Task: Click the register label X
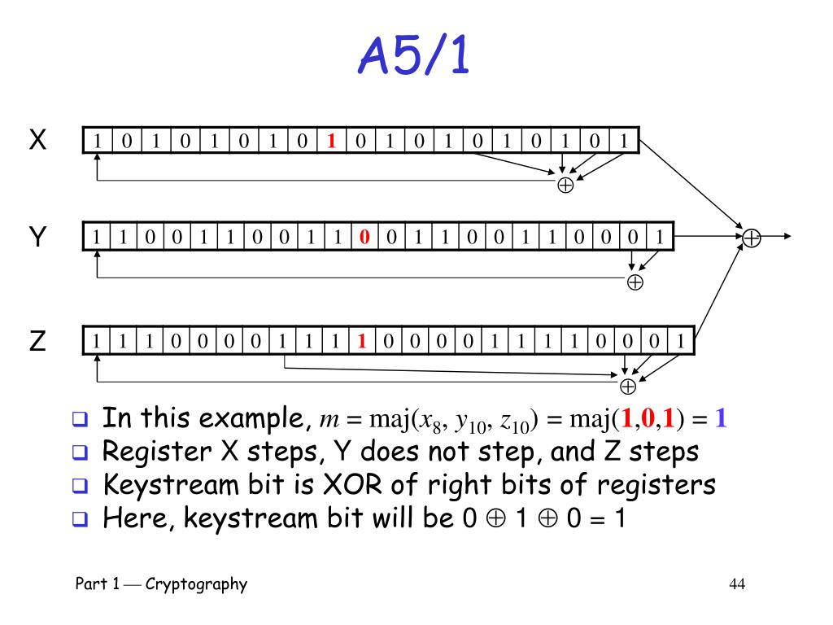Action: [37, 141]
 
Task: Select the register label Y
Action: [37, 238]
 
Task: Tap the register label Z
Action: [37, 342]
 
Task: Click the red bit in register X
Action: [331, 141]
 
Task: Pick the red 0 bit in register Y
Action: [364, 238]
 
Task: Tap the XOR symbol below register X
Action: [565, 185]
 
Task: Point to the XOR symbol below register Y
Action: [635, 282]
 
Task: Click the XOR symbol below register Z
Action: [628, 386]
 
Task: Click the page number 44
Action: [738, 584]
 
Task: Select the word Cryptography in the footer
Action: [196, 584]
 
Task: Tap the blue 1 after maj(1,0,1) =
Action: [721, 420]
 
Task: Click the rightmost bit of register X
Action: [624, 141]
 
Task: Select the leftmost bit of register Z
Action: [98, 342]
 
